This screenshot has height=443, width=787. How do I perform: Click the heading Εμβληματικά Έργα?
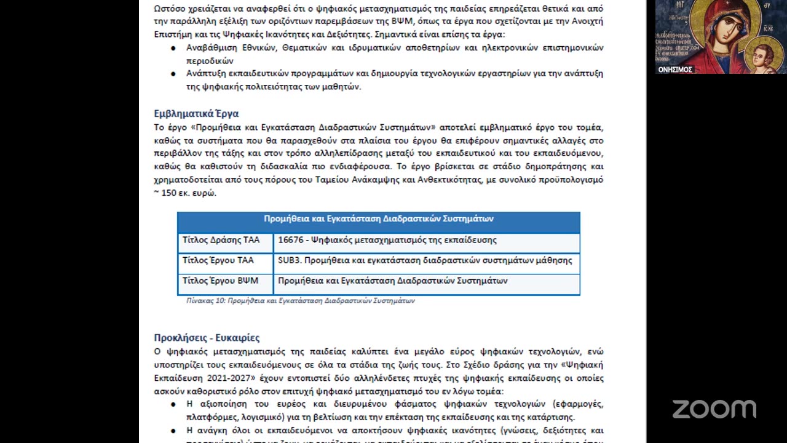[196, 114]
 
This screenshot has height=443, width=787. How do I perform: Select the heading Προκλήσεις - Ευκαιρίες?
[207, 338]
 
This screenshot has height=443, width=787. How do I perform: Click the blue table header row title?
[378, 219]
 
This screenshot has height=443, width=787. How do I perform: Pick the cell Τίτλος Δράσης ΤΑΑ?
[221, 240]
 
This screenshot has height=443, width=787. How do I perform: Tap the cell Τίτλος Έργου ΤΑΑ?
[218, 260]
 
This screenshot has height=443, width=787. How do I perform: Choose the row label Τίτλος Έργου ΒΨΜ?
[220, 281]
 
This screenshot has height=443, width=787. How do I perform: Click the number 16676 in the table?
[290, 240]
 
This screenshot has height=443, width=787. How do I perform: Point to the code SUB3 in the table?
[289, 260]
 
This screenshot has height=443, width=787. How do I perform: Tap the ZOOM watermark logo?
[714, 409]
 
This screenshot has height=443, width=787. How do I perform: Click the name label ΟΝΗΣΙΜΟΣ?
[675, 70]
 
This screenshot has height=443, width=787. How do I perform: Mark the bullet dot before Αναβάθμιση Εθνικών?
[173, 48]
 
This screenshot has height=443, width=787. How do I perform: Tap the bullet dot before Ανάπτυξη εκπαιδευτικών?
[173, 74]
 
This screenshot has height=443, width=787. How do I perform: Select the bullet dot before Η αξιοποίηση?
[173, 404]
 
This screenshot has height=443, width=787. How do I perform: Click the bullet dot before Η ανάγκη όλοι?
[173, 431]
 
